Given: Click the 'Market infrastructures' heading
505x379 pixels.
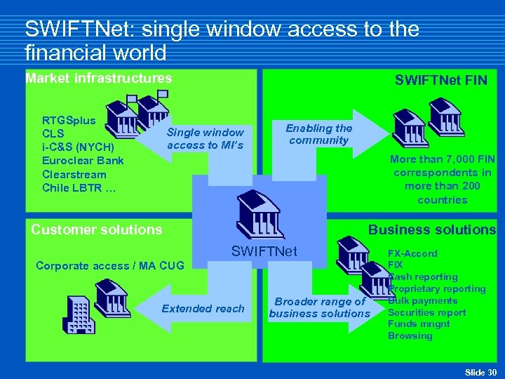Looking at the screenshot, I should pos(98,78).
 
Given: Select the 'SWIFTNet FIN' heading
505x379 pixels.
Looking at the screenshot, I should pos(440,81).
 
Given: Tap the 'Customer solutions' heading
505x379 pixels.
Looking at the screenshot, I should pos(97,230).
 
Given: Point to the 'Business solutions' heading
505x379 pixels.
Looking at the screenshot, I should pos(432,230).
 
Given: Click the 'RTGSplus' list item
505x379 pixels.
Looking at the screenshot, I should pos(69,120).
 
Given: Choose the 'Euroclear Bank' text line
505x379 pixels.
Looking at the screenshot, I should pos(83,161).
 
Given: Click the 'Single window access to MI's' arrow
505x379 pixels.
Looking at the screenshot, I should pos(205,138).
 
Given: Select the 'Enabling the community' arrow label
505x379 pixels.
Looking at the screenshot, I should pos(318,134).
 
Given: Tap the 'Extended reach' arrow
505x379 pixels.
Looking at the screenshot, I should pos(203,308).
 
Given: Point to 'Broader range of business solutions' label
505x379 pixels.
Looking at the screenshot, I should pos(319,307).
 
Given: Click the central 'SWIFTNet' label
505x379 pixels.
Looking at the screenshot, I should pos(264,251).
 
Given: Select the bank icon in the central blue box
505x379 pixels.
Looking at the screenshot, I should pos(260,215).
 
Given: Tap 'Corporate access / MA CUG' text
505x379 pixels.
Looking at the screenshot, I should pos(109,265).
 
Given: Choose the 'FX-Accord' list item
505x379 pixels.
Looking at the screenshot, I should pos(412,253).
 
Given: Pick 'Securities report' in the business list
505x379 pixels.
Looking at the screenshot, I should pos(426,312).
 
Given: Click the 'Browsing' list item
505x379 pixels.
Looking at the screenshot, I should pos(410,336).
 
